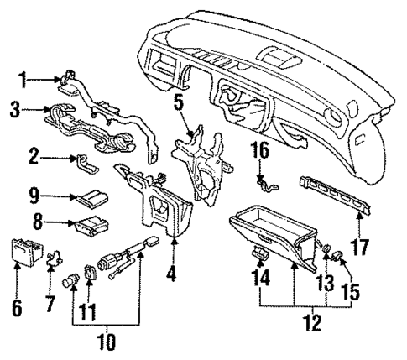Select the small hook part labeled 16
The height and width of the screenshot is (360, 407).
tap(265, 180)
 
